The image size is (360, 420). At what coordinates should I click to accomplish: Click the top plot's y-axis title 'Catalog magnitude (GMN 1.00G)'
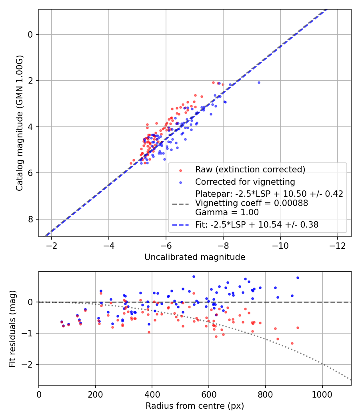coord(19,123)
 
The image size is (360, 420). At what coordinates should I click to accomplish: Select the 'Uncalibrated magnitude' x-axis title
coord(195,257)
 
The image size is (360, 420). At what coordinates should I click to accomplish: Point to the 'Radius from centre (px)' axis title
coord(195,406)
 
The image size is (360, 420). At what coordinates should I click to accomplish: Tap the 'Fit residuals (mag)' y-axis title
coord(12,328)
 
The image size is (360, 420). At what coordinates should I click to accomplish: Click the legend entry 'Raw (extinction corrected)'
coord(250,170)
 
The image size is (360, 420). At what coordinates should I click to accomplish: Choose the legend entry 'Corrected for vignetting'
coord(245,182)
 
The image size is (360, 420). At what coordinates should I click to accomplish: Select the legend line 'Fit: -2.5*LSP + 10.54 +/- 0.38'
coord(256,225)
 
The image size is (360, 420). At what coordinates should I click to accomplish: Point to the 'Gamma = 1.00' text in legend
coord(227,212)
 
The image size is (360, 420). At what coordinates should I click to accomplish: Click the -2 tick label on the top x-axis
coord(52,244)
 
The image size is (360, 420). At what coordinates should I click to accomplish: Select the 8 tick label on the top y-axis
coord(30,219)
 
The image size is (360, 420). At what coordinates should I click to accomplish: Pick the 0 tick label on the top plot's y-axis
coord(30,34)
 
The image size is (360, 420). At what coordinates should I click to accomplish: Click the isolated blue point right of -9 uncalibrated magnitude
coord(259,82)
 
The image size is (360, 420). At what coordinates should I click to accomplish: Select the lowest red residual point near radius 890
coord(292,343)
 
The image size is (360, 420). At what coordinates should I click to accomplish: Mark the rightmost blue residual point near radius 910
coord(298,278)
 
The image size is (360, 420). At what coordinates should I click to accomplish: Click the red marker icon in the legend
coord(180,170)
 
